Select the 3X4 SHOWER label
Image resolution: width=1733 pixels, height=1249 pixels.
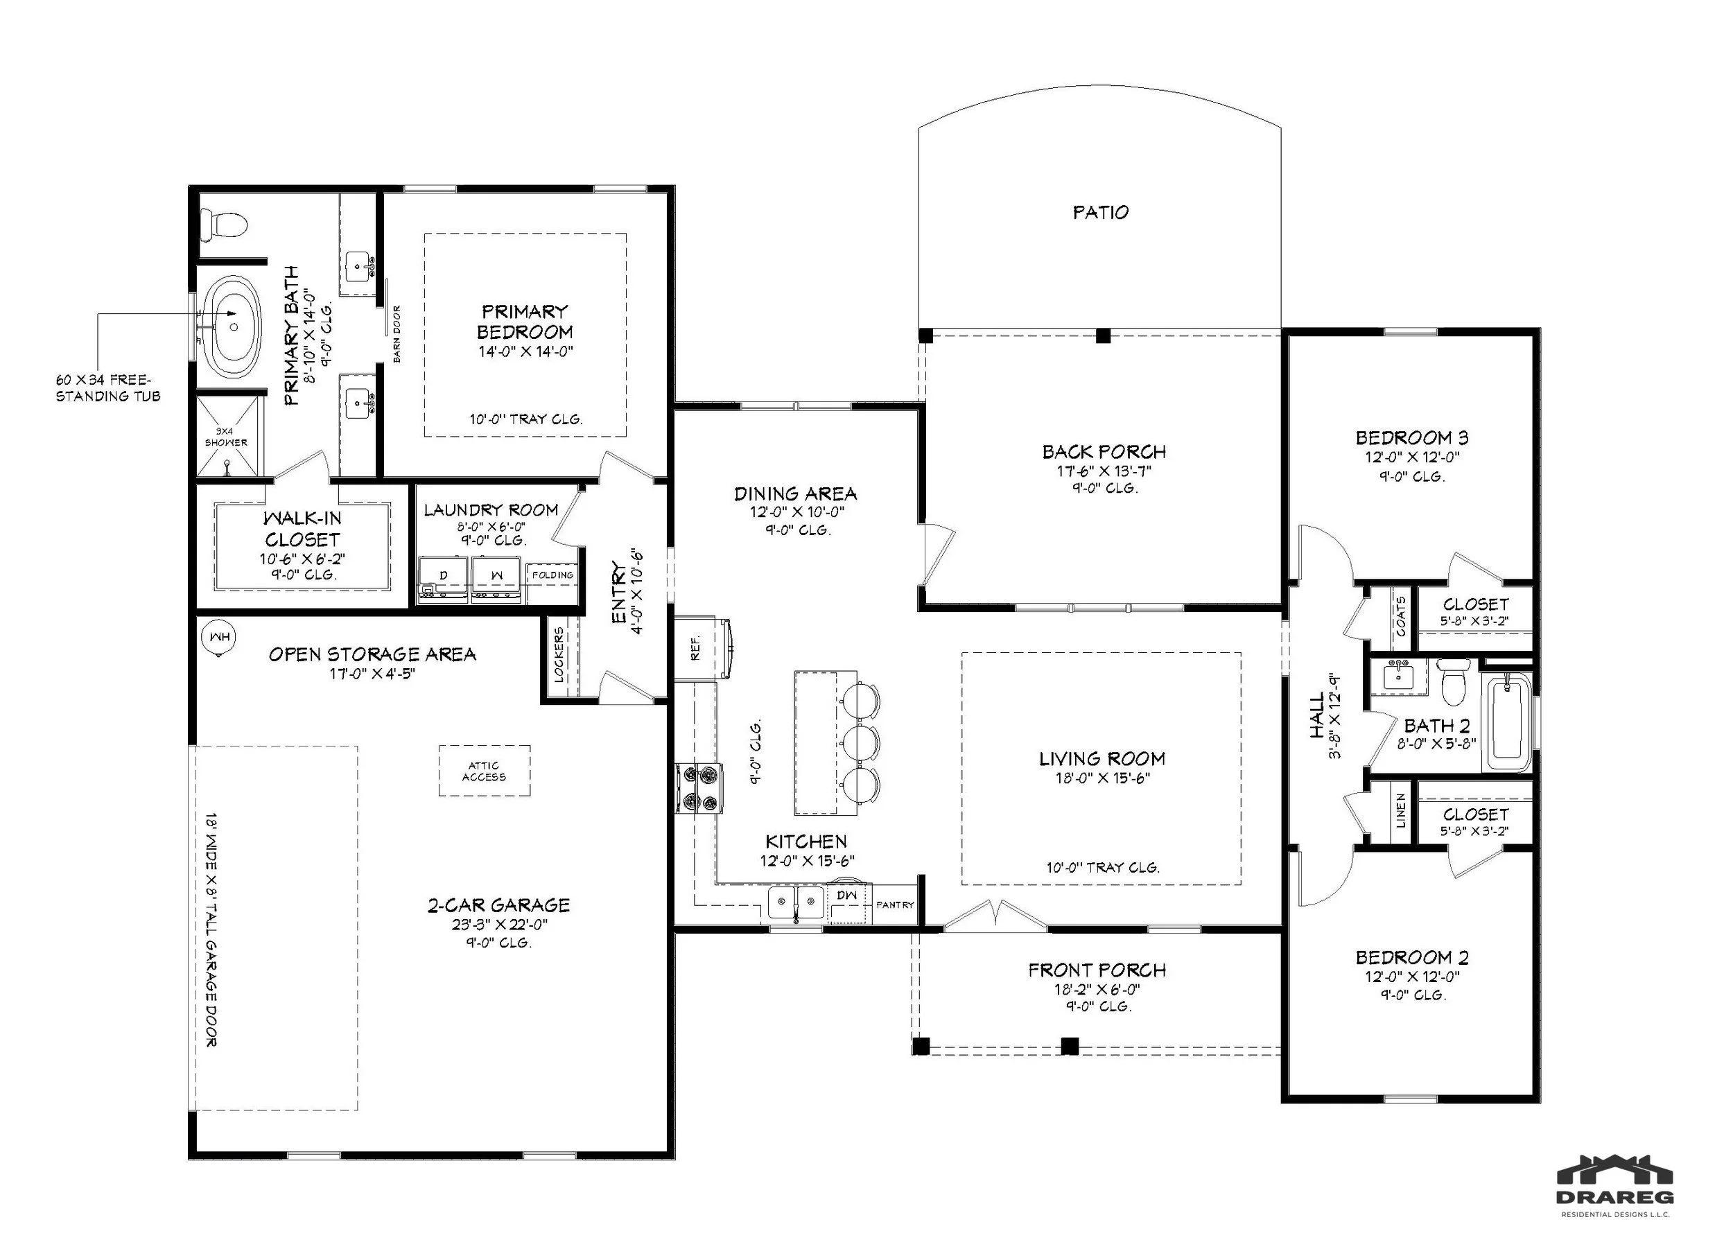[x=226, y=437]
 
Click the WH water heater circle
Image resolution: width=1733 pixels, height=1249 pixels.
[x=219, y=637]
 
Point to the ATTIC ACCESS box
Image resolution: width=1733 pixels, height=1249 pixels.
[x=485, y=771]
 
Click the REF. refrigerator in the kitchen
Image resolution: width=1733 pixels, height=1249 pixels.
[x=703, y=649]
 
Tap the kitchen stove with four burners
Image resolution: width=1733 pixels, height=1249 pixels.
[x=698, y=788]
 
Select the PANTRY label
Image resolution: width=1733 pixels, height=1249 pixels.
[x=895, y=905]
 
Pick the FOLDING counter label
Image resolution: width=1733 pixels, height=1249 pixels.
[x=553, y=575]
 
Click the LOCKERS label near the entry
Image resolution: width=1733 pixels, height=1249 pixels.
[x=559, y=655]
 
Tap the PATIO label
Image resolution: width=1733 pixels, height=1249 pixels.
[x=1100, y=212]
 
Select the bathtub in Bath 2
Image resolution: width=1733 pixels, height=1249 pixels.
[x=1507, y=722]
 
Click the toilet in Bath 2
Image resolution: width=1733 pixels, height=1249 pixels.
[x=1452, y=682]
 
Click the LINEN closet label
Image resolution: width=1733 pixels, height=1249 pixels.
[x=1401, y=811]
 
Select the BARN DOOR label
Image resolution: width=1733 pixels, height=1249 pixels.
[x=397, y=334]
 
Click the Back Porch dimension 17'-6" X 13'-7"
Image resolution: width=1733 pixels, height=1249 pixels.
[x=1104, y=471]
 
